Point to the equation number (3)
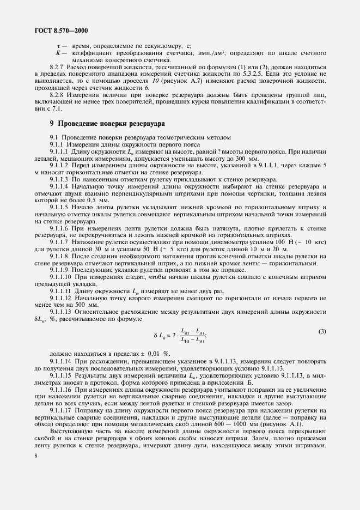click(322, 331)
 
